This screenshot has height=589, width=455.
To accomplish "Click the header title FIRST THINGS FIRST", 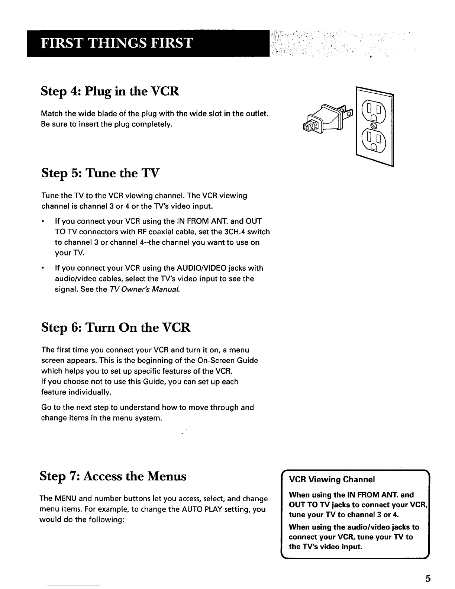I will point(116,43).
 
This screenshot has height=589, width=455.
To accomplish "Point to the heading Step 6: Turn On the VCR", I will point(115,327).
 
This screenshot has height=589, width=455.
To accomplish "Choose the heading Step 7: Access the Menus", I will point(113,476).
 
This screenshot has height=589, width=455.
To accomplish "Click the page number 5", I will point(428,579).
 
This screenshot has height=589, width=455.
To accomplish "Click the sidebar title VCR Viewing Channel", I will point(332,479).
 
